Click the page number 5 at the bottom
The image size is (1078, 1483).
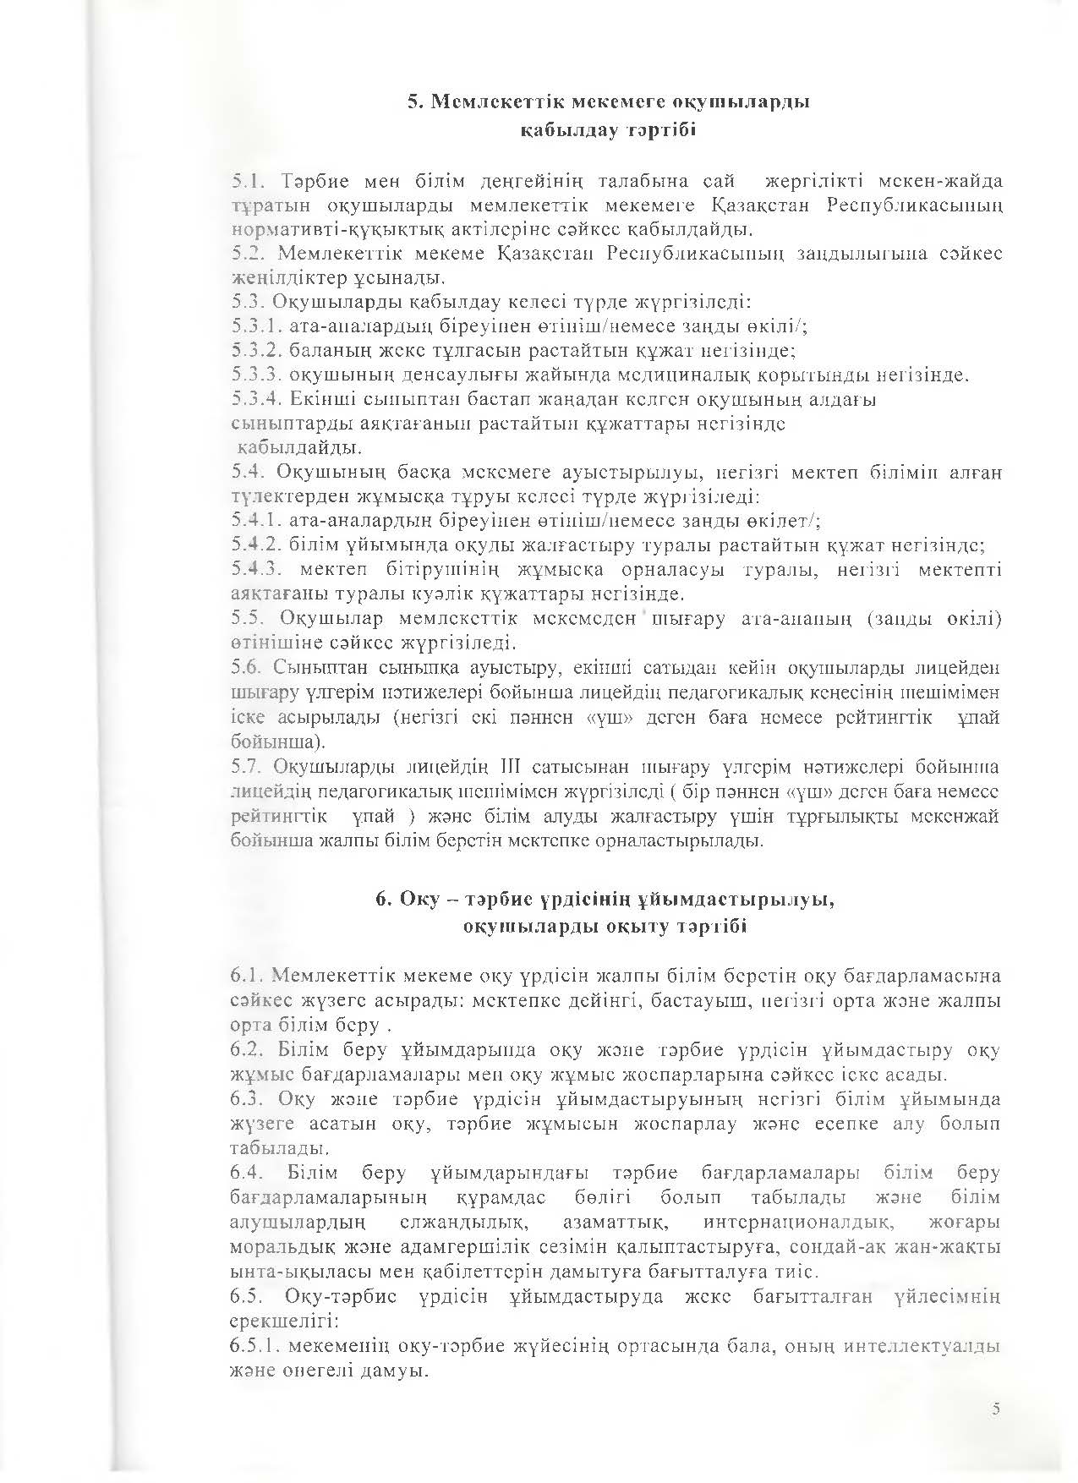point(996,1408)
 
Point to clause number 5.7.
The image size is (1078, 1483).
point(244,768)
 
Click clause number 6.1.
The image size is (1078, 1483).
point(244,977)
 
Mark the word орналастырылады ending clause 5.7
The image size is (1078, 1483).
point(687,841)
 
